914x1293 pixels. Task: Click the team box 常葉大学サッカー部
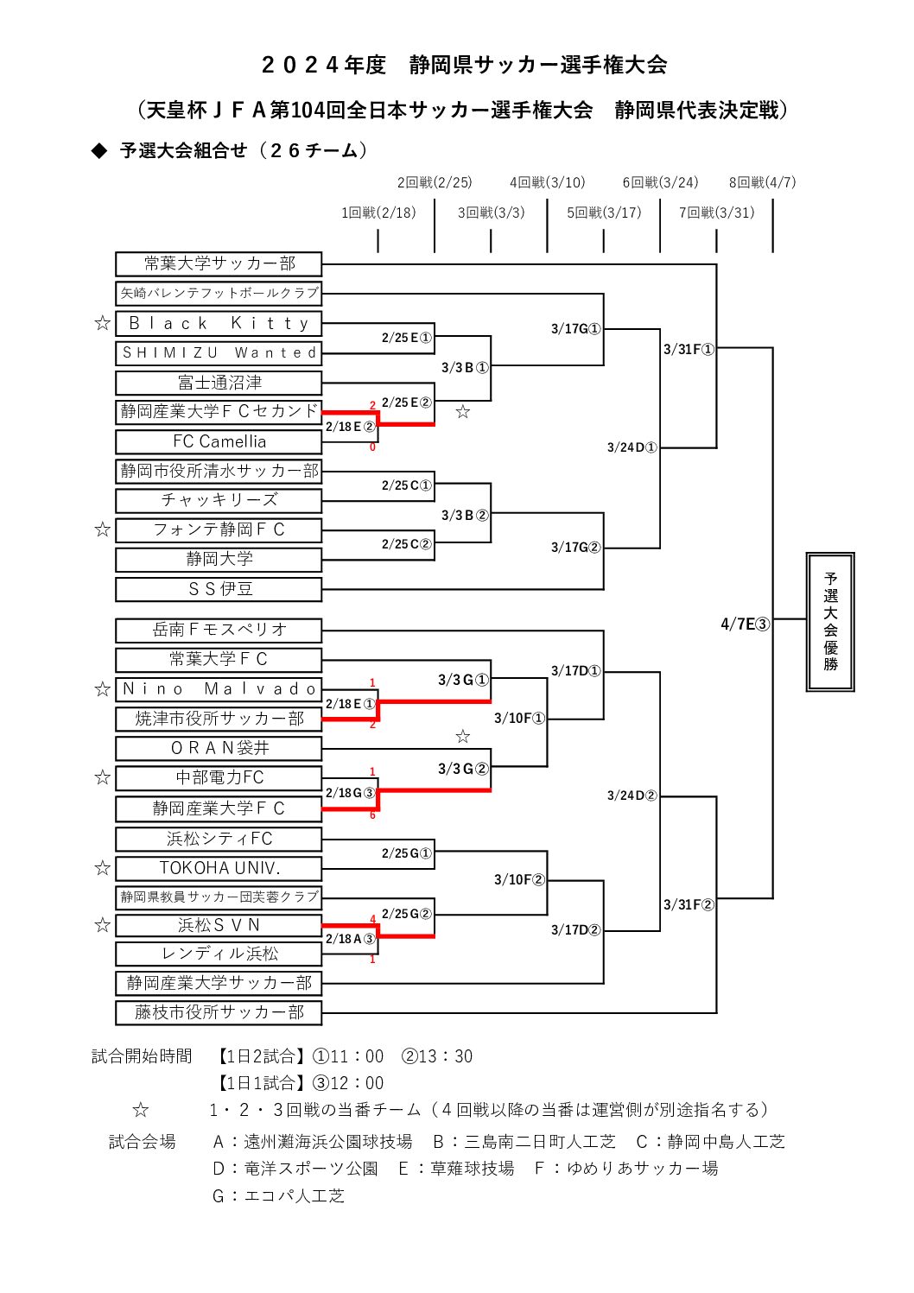click(219, 263)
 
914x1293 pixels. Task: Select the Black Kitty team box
click(219, 323)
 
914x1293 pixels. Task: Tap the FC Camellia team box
click(219, 441)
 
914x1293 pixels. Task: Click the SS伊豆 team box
click(219, 589)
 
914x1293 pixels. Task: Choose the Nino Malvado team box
click(219, 689)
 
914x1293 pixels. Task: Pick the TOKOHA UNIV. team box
click(219, 868)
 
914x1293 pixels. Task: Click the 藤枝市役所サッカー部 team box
click(219, 1012)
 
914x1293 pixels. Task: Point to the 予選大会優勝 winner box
click(829, 622)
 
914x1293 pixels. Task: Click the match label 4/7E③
click(745, 624)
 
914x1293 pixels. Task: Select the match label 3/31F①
click(689, 350)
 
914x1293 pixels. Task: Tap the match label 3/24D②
click(632, 795)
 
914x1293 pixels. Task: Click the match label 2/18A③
click(350, 939)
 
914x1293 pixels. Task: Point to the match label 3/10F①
click(519, 719)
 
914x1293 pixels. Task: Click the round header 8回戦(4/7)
click(762, 182)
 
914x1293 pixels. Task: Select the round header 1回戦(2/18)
click(378, 212)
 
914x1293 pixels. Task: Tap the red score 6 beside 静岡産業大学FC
click(372, 815)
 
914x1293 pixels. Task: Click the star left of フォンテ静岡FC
click(102, 529)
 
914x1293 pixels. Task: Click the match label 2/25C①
click(406, 486)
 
